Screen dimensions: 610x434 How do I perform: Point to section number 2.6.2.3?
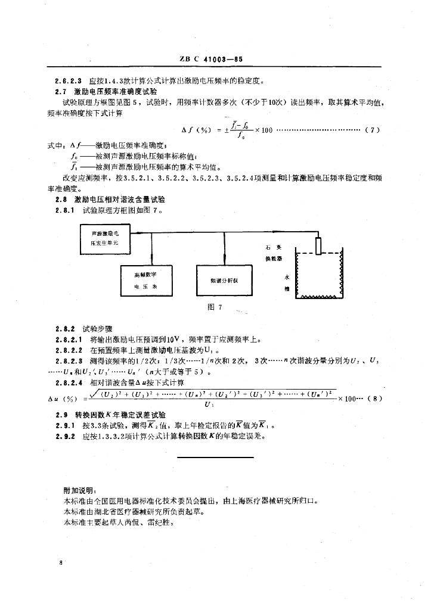click(x=68, y=81)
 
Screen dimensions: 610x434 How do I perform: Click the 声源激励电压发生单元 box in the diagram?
click(x=105, y=238)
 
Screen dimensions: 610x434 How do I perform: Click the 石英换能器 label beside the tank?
click(x=273, y=252)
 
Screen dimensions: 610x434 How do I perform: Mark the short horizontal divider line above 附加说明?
click(x=217, y=456)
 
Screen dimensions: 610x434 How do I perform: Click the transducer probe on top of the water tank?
click(x=319, y=245)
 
